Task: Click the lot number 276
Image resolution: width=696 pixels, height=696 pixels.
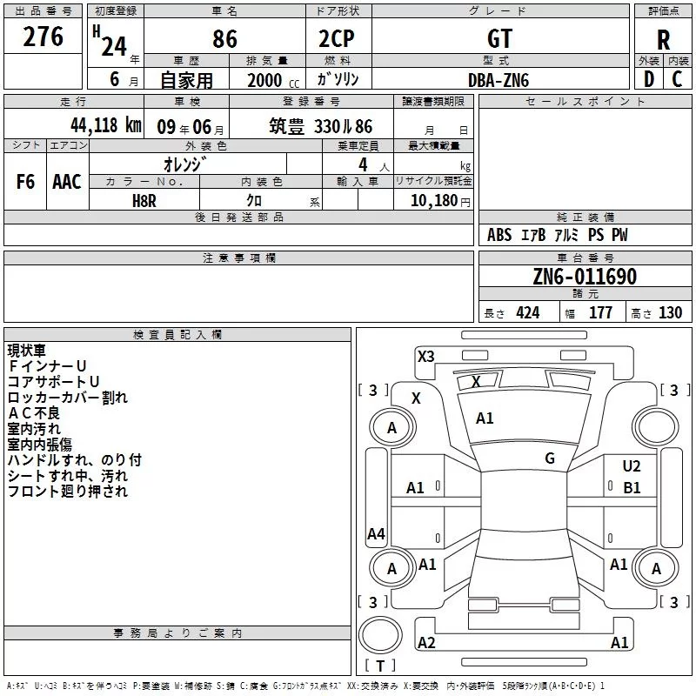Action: point(43,37)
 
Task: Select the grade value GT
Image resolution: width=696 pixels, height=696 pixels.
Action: point(500,38)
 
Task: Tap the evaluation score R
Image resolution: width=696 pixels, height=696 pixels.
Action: point(663,39)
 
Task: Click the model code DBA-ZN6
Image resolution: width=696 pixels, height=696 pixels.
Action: point(499,80)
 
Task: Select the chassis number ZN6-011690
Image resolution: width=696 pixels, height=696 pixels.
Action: point(585,278)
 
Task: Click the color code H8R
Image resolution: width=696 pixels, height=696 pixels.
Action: point(144,200)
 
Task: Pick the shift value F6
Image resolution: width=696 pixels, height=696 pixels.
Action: point(25,182)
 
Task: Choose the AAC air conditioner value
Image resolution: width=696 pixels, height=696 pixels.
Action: point(66,182)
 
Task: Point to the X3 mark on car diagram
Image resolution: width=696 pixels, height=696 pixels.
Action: point(426,356)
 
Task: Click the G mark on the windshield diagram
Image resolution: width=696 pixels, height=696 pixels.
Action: point(550,458)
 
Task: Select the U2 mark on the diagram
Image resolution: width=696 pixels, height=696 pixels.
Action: point(632,467)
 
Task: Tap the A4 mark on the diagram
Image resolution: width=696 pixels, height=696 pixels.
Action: point(376,534)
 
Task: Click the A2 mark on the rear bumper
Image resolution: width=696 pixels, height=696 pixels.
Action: point(426,643)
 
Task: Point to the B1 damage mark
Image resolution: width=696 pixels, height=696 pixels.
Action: point(632,488)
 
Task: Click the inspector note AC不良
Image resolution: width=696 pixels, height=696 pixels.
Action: point(34,413)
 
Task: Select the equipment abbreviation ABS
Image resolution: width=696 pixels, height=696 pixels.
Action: point(499,236)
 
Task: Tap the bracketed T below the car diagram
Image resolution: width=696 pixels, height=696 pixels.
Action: point(380,666)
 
